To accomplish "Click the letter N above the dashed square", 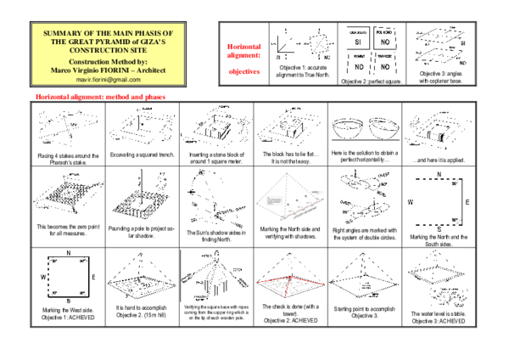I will coord(439,175).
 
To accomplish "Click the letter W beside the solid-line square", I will coord(44,277).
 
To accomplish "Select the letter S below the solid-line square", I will coord(68,300).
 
